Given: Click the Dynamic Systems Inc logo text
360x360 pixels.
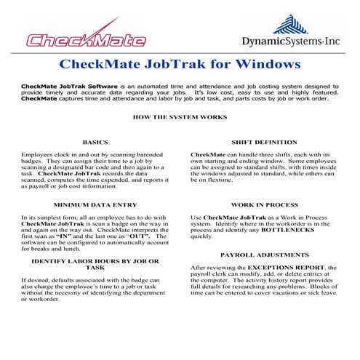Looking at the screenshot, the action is click(x=291, y=42).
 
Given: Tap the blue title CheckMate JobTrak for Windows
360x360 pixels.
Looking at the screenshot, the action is click(x=180, y=65).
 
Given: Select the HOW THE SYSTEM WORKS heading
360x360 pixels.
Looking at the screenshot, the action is click(x=180, y=116).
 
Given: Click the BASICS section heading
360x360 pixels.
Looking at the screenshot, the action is click(x=116, y=142).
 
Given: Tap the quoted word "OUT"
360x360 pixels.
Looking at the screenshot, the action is click(x=133, y=236).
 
